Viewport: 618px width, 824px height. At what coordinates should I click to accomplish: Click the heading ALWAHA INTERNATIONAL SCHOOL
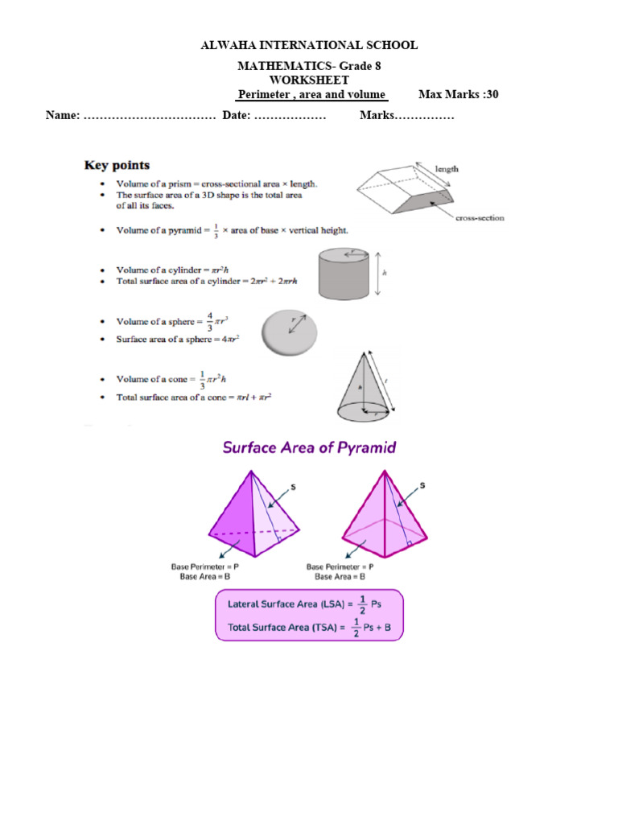309,45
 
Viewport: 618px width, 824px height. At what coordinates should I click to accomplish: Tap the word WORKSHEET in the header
309,80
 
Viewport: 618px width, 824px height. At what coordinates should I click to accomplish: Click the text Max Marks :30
459,94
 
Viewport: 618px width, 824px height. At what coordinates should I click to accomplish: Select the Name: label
63,116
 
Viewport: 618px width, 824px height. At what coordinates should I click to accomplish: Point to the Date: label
237,116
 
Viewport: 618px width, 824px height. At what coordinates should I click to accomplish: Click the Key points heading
117,165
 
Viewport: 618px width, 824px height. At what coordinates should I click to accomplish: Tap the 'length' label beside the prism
447,169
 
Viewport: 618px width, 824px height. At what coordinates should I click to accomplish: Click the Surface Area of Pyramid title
309,447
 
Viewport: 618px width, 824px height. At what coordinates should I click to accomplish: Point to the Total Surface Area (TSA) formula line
309,627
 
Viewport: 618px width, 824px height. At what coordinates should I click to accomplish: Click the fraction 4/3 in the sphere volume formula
209,321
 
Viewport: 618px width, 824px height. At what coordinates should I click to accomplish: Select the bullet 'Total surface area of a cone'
193,397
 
